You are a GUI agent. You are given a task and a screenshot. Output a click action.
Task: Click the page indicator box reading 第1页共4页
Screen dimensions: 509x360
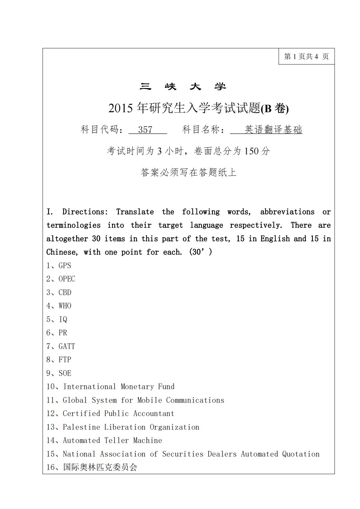click(x=306, y=57)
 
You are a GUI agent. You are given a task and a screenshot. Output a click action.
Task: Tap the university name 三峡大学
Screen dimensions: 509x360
click(x=183, y=87)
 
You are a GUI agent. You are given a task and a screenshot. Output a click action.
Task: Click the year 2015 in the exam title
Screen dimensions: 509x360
click(x=120, y=108)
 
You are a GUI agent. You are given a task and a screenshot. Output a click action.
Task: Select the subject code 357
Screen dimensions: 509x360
click(x=145, y=130)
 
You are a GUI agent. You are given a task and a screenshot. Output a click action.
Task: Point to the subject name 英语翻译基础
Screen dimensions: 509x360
click(x=273, y=130)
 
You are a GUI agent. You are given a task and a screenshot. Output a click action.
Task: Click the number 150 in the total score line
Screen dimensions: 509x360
click(x=251, y=151)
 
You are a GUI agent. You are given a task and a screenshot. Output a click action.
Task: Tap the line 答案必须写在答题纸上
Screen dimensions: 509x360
click(x=188, y=172)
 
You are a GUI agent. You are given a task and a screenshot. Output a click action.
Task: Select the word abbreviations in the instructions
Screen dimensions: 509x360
click(x=287, y=212)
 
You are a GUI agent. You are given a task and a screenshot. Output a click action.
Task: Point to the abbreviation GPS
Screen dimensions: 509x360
click(x=65, y=266)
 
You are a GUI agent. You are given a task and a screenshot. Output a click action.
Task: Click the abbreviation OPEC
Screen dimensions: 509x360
click(x=67, y=279)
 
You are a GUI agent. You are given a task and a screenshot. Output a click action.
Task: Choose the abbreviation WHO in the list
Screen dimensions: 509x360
click(x=65, y=306)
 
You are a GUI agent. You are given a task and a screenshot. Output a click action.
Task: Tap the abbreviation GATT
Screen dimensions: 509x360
click(x=67, y=346)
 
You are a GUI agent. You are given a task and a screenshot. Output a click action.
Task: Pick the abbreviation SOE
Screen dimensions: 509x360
click(x=65, y=373)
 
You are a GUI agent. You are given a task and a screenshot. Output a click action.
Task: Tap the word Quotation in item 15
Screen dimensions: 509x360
click(x=301, y=454)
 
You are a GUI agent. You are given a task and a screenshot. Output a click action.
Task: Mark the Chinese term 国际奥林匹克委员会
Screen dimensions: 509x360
click(x=100, y=467)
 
